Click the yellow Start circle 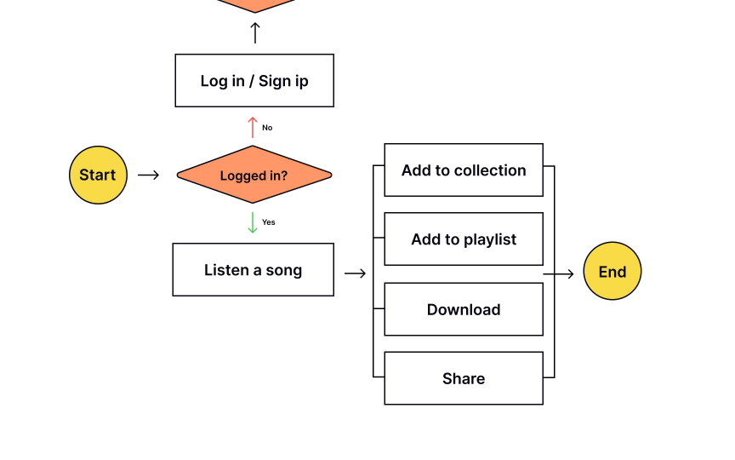tap(98, 175)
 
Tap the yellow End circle tap(612, 272)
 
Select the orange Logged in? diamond tap(254, 175)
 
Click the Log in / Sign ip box tap(254, 81)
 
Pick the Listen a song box tap(253, 270)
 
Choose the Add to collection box tap(464, 170)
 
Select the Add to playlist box tap(464, 239)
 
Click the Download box tap(464, 309)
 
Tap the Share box tap(464, 378)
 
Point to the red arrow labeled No tap(253, 128)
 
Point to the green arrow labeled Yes tap(253, 222)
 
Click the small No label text tap(267, 128)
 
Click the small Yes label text tap(269, 222)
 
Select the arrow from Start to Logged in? tap(149, 175)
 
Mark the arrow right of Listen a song tap(356, 273)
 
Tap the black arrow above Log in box tap(254, 33)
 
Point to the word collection tap(489, 170)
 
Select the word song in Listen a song tap(284, 271)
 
